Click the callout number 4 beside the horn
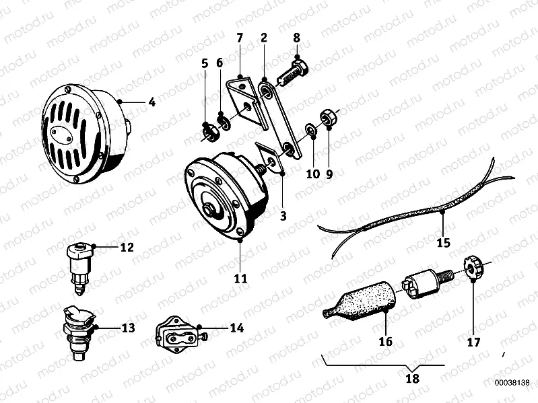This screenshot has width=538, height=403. click(152, 102)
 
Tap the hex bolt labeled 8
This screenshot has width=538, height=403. click(293, 73)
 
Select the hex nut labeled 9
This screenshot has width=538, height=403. click(329, 118)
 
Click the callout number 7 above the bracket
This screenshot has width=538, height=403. click(240, 38)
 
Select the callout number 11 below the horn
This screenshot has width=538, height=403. click(240, 278)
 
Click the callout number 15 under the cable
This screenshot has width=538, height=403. click(443, 243)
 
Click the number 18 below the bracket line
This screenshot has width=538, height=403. click(412, 378)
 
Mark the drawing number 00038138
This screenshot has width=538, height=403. click(512, 383)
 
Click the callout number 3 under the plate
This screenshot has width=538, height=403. click(283, 216)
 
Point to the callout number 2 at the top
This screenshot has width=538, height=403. click(263, 38)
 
